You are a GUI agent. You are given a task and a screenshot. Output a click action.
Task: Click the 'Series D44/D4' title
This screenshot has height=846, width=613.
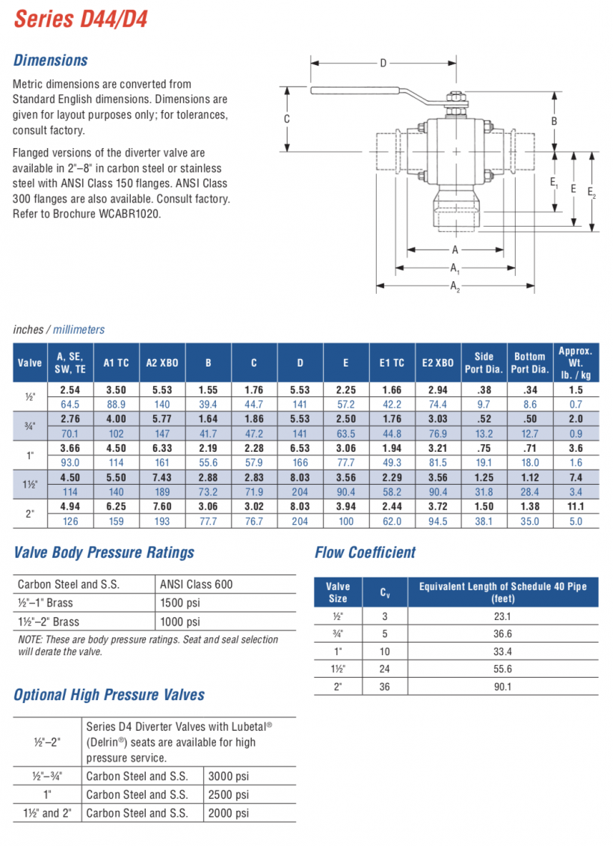[81, 19]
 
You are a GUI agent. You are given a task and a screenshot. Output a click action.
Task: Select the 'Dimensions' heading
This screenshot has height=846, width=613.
[51, 61]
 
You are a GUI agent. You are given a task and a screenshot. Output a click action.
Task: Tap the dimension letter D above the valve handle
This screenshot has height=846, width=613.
[383, 63]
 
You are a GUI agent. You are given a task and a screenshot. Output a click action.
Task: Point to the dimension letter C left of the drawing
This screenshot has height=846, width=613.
[286, 119]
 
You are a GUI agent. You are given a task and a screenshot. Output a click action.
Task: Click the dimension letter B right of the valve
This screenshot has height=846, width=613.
[554, 121]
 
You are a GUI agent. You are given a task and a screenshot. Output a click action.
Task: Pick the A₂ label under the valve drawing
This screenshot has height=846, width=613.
[455, 286]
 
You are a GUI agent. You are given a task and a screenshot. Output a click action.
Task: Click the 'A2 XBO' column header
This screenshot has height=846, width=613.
[162, 363]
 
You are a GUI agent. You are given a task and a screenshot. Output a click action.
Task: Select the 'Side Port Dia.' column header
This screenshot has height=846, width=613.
[484, 363]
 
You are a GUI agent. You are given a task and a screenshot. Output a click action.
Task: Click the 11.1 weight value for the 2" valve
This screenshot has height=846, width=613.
[576, 506]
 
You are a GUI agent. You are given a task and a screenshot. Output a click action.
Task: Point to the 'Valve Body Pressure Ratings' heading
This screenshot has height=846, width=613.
[104, 553]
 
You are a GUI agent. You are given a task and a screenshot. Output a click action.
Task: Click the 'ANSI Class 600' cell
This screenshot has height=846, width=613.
[196, 585]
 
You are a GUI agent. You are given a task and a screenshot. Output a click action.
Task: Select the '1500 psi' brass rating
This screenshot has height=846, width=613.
[180, 603]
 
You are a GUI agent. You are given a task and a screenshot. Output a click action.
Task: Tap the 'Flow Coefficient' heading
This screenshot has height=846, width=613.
[365, 553]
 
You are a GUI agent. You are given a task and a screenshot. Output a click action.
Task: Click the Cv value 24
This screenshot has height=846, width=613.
[384, 669]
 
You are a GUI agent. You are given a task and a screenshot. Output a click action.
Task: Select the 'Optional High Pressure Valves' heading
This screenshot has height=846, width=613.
[109, 695]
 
